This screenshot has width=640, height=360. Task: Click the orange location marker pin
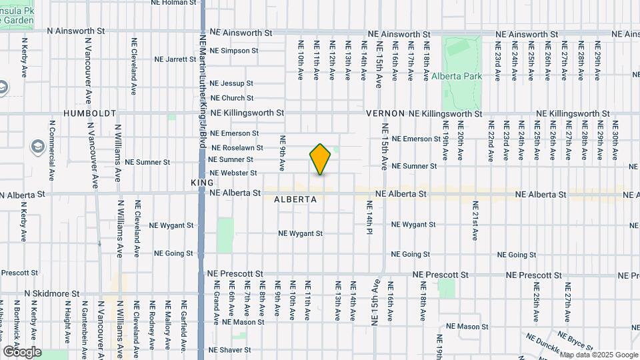pyautogui.click(x=320, y=159)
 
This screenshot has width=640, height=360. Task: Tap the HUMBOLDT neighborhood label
pyautogui.click(x=90, y=114)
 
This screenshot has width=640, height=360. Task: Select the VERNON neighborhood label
pyautogui.click(x=385, y=114)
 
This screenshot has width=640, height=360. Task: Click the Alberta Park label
pyautogui.click(x=457, y=77)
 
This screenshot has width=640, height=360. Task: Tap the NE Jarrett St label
pyautogui.click(x=175, y=59)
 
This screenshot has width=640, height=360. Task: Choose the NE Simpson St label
pyautogui.click(x=233, y=51)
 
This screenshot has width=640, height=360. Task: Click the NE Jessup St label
pyautogui.click(x=231, y=83)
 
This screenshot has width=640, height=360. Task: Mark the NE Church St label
pyautogui.click(x=231, y=98)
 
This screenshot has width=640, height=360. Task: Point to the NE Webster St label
pyautogui.click(x=233, y=173)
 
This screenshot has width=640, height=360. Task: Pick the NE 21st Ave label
pyautogui.click(x=475, y=220)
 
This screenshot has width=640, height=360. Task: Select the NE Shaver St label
pyautogui.click(x=229, y=349)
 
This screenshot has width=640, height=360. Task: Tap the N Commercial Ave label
pyautogui.click(x=52, y=151)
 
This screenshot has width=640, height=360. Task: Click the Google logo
pyautogui.click(x=22, y=352)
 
